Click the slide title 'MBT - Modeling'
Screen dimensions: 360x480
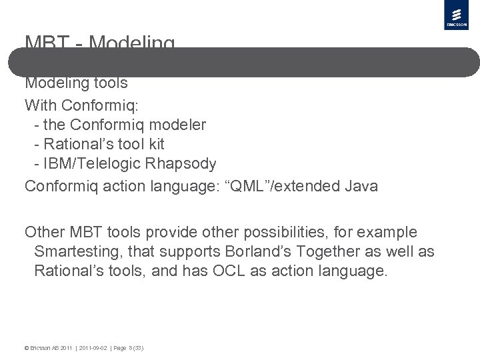pyautogui.click(x=100, y=43)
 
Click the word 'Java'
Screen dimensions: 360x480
pyautogui.click(x=361, y=186)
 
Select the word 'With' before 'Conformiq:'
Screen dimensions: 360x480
pyautogui.click(x=39, y=105)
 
